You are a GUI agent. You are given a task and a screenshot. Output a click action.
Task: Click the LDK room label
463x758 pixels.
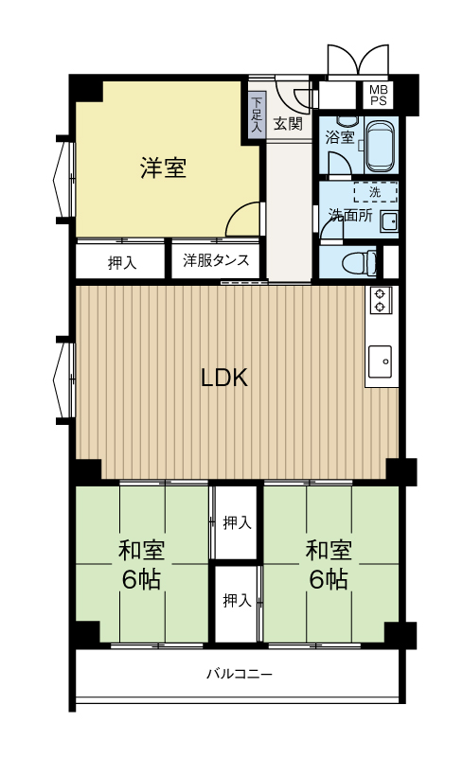coord(224,379)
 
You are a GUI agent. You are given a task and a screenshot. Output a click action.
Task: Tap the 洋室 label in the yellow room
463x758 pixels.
coord(163,169)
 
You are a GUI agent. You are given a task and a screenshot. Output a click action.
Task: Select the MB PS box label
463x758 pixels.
coord(378,95)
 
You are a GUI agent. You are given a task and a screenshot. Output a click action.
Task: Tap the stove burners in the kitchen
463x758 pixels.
coord(381,300)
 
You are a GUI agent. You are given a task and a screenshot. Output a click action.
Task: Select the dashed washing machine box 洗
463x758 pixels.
coord(375,193)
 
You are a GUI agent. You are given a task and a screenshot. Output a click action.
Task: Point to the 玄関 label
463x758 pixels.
coord(288,123)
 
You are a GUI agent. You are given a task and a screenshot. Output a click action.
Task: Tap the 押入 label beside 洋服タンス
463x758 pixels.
coord(121,262)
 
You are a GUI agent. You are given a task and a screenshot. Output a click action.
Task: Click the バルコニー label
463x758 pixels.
coord(239,675)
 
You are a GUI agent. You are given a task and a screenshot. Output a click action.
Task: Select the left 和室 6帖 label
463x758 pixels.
coord(141,563)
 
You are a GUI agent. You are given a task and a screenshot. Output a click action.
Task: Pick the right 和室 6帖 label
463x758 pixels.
coord(329,563)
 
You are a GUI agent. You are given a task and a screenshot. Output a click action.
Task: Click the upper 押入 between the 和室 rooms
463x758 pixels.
coord(237,522)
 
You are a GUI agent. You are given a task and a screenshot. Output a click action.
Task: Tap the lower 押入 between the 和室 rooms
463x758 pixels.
coord(237,600)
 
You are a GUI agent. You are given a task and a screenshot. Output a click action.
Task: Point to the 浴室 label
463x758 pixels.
coord(339,137)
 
